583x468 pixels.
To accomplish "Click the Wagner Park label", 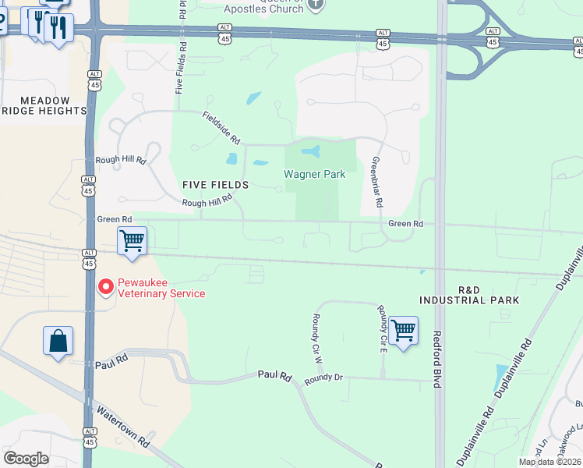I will click(x=314, y=175).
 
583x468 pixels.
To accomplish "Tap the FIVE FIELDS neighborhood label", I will click(x=215, y=185).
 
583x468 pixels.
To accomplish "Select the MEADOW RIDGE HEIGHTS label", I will click(x=44, y=106).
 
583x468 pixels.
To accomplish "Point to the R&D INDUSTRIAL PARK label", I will click(x=468, y=295).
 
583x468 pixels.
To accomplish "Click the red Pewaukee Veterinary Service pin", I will click(x=105, y=288).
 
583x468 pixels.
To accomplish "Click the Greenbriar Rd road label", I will click(x=377, y=181).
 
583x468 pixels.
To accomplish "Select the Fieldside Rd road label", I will click(x=221, y=126).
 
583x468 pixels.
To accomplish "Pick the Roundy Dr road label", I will click(x=323, y=378).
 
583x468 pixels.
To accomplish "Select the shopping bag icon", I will click(x=58, y=341).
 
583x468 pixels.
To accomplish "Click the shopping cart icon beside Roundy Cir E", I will click(x=403, y=331).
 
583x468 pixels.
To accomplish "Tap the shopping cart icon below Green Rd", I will click(x=132, y=240).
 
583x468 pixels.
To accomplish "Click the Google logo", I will click(x=26, y=459).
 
